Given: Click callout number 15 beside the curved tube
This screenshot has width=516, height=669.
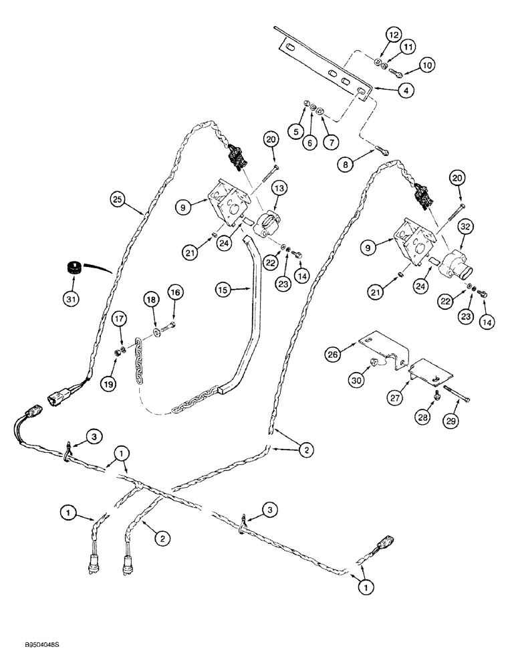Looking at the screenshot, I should [224, 290].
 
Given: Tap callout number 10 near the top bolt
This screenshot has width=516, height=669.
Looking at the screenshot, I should [427, 65].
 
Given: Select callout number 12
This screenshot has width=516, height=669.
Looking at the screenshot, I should [392, 34].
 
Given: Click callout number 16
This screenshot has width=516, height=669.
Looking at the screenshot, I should [174, 292].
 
